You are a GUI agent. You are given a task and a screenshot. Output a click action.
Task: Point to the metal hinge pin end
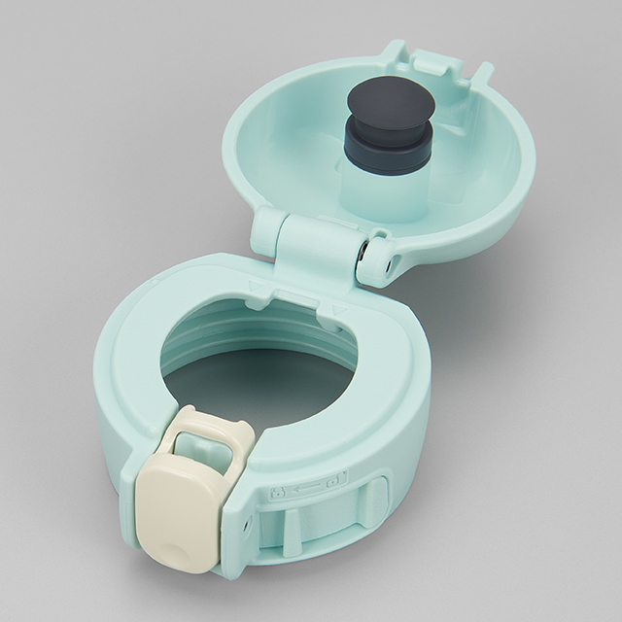click(363, 252)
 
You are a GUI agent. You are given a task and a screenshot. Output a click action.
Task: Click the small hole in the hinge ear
click(393, 261)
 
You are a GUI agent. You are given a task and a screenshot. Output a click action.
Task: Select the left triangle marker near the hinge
click(256, 286)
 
